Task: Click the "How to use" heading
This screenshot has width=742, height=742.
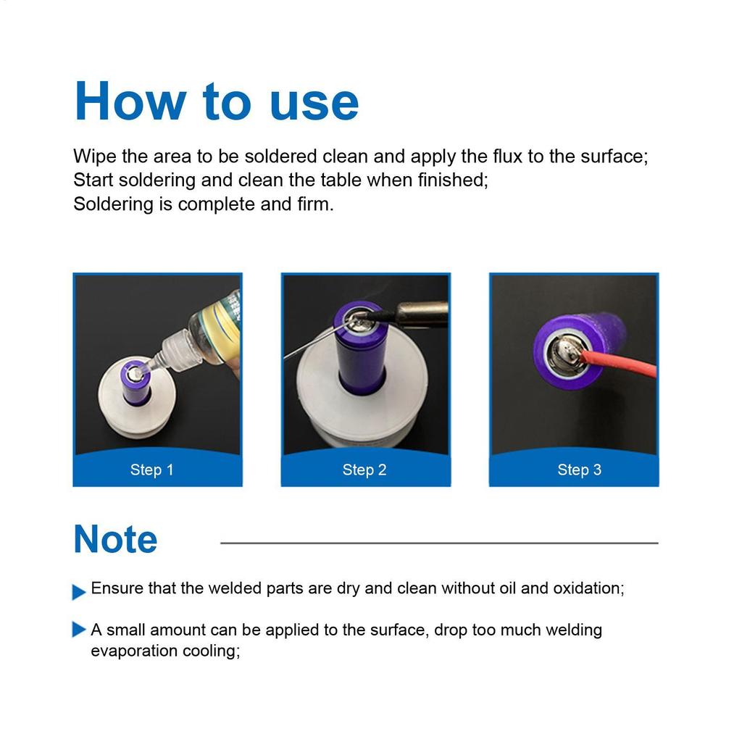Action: point(216,101)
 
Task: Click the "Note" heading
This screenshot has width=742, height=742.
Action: point(115,540)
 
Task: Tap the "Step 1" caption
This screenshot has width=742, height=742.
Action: point(151,470)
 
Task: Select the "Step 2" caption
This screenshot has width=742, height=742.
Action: point(364,470)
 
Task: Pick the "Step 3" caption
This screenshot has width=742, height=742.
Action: point(579,470)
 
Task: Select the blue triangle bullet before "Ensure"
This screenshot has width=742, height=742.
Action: point(79,592)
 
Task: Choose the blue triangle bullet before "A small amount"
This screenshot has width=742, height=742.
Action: point(79,630)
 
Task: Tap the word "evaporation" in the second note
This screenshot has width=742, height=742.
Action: point(135,651)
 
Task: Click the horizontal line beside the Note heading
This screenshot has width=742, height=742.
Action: point(438,543)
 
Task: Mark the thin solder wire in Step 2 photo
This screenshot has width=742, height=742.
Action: point(308,346)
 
